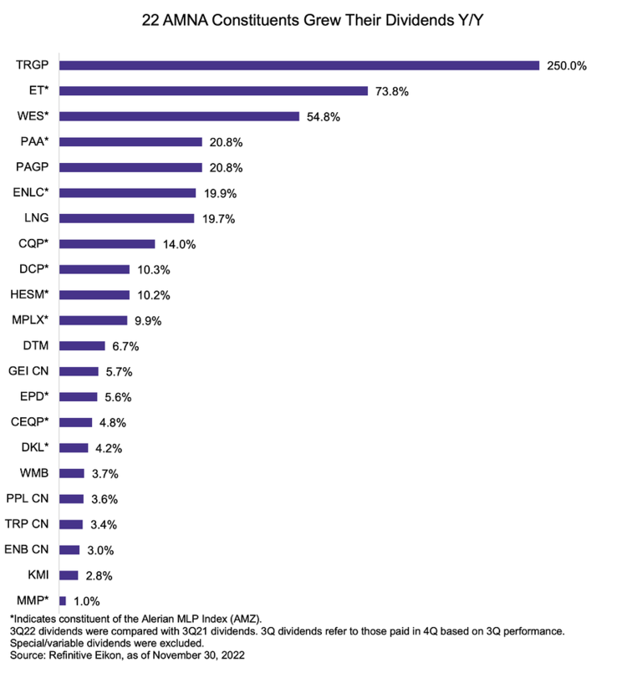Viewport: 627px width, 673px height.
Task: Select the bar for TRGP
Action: click(x=299, y=65)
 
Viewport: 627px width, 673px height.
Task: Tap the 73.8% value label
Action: click(x=390, y=91)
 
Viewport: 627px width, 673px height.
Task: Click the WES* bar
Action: click(x=179, y=116)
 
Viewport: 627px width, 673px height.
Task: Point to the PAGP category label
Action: click(x=33, y=167)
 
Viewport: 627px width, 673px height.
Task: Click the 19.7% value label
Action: click(x=217, y=218)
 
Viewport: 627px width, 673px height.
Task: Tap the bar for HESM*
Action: click(x=94, y=294)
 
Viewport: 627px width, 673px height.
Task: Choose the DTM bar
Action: click(x=82, y=345)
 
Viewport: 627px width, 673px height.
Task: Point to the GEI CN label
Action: click(x=29, y=371)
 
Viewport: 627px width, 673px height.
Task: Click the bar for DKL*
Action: click(x=74, y=447)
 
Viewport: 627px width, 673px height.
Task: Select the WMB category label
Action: click(x=33, y=473)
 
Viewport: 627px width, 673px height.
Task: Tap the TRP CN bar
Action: click(x=71, y=524)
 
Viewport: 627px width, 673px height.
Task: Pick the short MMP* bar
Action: click(x=63, y=600)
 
